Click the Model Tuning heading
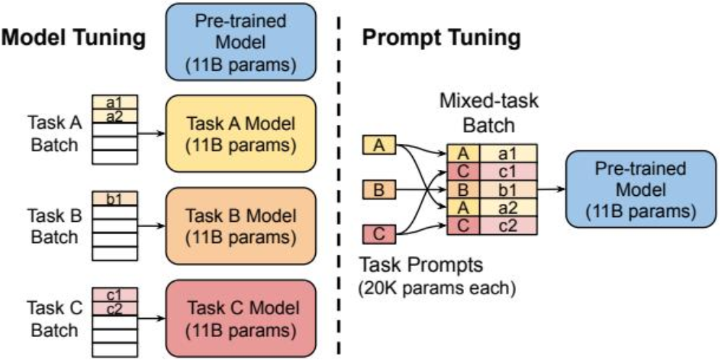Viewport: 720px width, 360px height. point(74,38)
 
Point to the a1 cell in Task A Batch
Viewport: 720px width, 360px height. point(114,103)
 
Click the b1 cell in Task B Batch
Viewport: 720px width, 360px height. point(114,197)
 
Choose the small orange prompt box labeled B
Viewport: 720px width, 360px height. point(377,191)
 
